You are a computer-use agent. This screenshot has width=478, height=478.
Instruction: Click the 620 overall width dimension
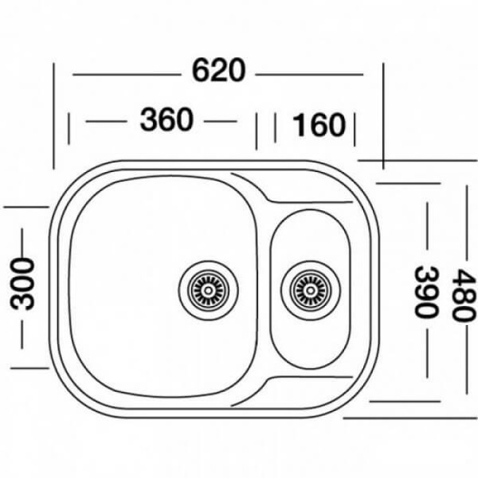(x=218, y=71)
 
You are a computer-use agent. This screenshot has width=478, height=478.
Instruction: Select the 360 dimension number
(x=167, y=121)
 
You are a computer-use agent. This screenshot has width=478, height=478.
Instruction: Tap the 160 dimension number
(x=319, y=125)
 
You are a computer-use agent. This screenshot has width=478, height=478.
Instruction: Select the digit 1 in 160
(x=298, y=125)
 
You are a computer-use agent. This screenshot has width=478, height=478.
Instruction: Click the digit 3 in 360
(x=149, y=121)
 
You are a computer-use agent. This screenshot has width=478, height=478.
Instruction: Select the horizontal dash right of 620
(x=311, y=73)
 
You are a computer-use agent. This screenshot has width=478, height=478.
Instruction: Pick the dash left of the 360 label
(x=104, y=122)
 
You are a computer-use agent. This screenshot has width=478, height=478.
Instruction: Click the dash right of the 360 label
(x=221, y=122)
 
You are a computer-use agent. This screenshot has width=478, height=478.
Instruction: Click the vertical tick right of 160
(x=354, y=128)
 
